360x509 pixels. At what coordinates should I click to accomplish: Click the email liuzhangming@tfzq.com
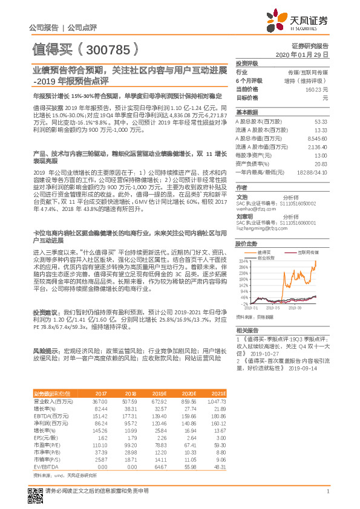(x=261, y=229)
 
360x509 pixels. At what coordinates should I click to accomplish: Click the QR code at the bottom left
(x=36, y=491)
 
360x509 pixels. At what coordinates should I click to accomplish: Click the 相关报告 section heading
(x=247, y=329)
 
